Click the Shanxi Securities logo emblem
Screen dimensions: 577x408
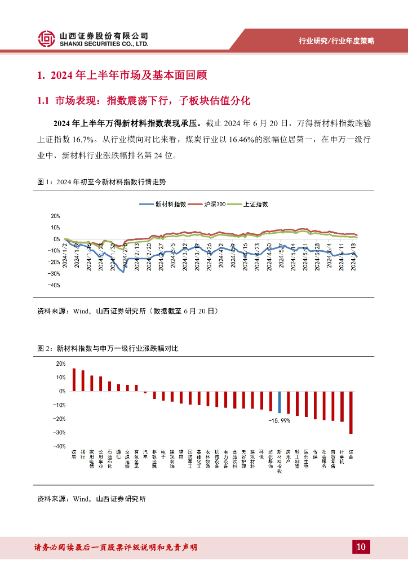[x=47, y=39]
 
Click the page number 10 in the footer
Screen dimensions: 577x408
[x=361, y=547]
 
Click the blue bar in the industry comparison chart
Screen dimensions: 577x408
[x=280, y=402]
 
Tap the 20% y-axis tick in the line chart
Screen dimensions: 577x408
[x=55, y=216]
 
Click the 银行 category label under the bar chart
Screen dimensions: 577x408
[x=83, y=454]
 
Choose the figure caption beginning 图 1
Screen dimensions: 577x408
[x=101, y=182]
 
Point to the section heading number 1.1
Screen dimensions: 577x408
[x=45, y=101]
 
